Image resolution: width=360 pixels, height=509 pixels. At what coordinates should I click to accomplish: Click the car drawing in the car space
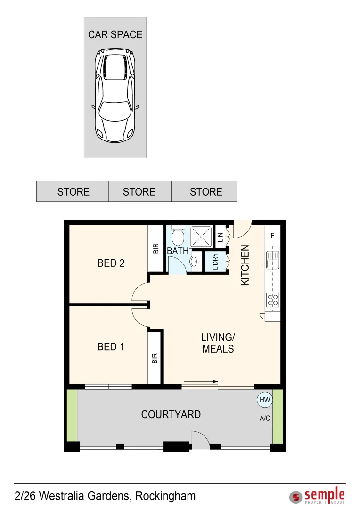(115, 95)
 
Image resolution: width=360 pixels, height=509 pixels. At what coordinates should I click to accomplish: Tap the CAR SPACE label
(115, 34)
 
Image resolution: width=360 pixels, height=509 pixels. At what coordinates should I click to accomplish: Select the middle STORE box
(139, 191)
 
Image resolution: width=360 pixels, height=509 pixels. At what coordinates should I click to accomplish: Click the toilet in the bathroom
(178, 235)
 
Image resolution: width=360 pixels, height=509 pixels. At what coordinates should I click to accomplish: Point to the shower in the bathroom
(201, 237)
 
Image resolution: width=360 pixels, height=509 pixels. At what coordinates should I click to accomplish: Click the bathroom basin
(194, 261)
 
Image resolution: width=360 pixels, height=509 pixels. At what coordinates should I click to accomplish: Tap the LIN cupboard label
(221, 237)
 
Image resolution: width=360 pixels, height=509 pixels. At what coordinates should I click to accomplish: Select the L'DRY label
(215, 262)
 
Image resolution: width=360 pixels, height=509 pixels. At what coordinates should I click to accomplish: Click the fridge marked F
(272, 235)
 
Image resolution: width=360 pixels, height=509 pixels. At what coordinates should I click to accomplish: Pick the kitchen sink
(273, 260)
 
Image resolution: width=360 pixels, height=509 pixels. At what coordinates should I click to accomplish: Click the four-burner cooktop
(273, 300)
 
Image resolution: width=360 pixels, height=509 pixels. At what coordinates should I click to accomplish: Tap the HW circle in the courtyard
(265, 400)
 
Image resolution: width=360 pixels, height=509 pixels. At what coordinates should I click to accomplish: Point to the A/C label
(265, 418)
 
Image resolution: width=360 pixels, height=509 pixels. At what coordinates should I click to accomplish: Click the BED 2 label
(111, 263)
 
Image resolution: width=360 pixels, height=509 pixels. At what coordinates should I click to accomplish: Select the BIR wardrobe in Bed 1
(155, 358)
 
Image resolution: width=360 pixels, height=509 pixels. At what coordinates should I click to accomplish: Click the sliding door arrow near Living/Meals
(201, 381)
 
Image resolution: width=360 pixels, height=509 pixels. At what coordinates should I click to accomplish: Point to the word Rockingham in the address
(165, 496)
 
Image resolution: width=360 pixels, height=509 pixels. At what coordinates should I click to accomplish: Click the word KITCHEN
(245, 265)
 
